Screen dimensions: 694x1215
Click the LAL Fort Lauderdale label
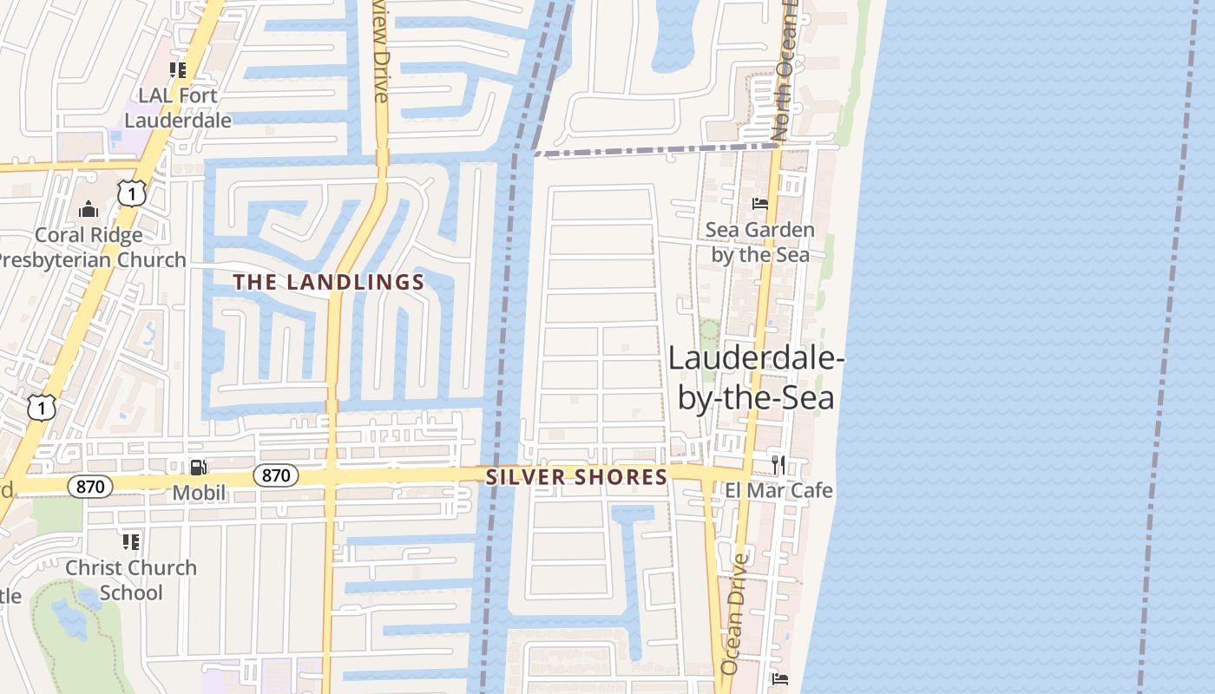178,108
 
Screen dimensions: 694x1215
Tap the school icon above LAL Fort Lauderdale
178,70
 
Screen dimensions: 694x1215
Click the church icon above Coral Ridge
89,209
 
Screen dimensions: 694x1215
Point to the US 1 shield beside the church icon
131,193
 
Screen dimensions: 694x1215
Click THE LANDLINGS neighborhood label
329,282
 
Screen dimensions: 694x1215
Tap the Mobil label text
199,493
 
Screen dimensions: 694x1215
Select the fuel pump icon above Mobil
199,468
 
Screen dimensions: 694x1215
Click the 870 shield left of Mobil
90,487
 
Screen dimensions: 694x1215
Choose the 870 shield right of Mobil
276,475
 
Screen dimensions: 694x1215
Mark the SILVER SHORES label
576,477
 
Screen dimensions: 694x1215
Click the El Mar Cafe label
778,490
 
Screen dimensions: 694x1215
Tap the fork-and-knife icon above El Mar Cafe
778,464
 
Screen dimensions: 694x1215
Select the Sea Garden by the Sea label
760,242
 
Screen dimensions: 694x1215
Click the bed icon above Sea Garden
760,205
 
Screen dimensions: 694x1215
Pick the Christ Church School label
131,580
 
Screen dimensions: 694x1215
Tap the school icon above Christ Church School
131,542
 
